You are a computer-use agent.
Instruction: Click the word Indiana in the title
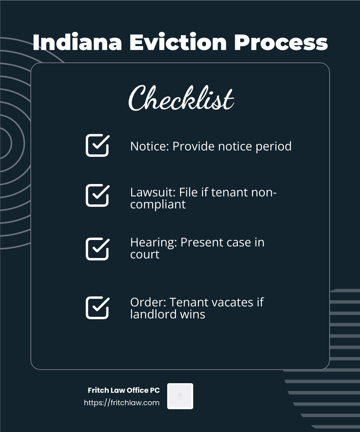pos(77,42)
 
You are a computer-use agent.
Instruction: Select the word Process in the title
pos(281,42)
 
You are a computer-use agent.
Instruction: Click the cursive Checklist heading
pos(181,98)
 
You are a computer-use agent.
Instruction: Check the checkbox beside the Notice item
pos(97,145)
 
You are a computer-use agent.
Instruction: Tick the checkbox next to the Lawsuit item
pos(97,195)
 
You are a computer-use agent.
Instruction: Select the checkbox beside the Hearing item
pos(97,249)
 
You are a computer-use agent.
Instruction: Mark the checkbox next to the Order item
pos(97,308)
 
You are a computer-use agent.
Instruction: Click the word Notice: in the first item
pos(150,146)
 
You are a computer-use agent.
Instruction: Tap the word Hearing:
pos(154,243)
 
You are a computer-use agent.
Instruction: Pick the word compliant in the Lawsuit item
pos(158,205)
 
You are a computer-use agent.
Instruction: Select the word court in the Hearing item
pos(145,255)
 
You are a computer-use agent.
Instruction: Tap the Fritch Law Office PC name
pos(124,390)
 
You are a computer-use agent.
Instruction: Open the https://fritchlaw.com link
pos(122,403)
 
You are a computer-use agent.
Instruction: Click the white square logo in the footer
pos(180,396)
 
